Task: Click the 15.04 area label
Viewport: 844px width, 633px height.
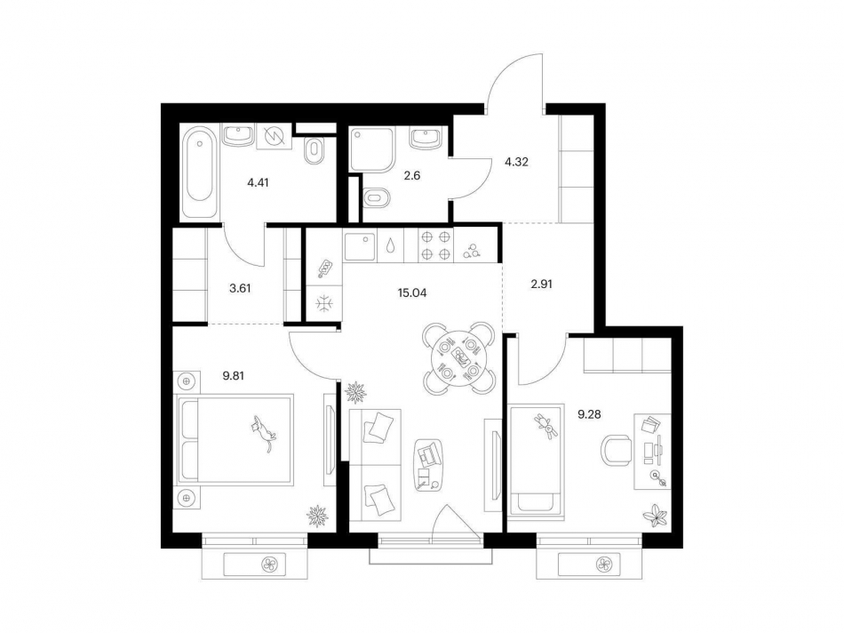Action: (x=411, y=293)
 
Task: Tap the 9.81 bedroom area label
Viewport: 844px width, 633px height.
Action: (x=234, y=376)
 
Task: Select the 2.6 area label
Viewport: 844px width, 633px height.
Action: (x=411, y=176)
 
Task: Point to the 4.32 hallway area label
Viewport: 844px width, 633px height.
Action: (x=516, y=161)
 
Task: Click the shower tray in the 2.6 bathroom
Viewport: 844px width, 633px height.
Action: (x=372, y=148)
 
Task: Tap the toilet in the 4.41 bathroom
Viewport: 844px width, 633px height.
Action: (x=314, y=150)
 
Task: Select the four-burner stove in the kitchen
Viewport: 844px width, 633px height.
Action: (x=436, y=245)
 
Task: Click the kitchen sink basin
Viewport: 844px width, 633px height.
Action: (x=360, y=246)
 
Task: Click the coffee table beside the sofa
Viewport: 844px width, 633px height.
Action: (x=429, y=464)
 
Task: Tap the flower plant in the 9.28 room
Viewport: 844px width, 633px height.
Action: (x=656, y=515)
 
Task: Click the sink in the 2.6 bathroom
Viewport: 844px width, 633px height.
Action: (x=426, y=138)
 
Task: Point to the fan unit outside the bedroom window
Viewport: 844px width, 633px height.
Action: (x=268, y=565)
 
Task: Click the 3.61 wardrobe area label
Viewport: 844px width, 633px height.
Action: (x=240, y=288)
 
